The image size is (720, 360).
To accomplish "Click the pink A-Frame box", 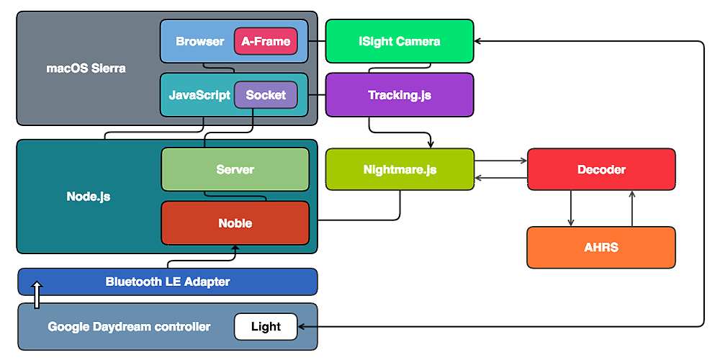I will tap(266, 42).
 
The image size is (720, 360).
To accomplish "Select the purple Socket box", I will tap(266, 95).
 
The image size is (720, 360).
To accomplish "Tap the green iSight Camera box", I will tap(400, 41).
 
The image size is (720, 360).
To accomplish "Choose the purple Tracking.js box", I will tap(400, 95).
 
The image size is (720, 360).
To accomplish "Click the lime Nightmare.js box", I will tap(400, 170).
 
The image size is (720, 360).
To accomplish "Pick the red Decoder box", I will tap(601, 170).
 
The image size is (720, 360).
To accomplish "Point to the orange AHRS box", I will tap(601, 248).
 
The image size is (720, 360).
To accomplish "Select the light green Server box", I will tap(235, 169).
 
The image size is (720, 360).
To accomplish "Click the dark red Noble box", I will tap(235, 223).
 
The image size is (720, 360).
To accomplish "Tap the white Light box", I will tap(266, 327).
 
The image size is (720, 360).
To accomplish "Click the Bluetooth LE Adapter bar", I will tap(167, 282).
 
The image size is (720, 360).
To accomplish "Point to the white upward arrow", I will tap(37, 294).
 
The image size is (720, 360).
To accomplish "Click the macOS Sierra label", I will tap(86, 68).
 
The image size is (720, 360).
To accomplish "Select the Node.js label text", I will tap(88, 196).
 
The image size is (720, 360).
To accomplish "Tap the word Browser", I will tap(199, 42).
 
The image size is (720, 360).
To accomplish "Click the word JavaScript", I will tap(199, 95).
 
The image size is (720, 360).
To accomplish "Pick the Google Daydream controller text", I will tap(129, 327).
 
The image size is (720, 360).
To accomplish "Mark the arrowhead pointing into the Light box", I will tap(302, 327).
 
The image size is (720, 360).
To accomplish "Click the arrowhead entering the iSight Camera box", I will tap(479, 41).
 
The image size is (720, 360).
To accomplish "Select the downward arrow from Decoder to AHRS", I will tap(571, 209).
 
